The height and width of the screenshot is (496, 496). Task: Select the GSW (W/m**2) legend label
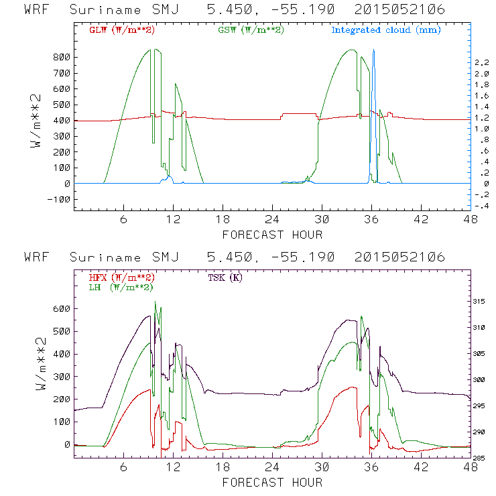(251, 30)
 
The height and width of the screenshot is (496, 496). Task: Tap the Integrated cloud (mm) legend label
(386, 30)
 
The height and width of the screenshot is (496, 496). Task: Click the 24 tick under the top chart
(272, 220)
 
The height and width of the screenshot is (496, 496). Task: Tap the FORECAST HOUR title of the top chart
(272, 235)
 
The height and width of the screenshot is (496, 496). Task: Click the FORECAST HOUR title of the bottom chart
(272, 483)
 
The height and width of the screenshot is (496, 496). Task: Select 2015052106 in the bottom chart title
(400, 257)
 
